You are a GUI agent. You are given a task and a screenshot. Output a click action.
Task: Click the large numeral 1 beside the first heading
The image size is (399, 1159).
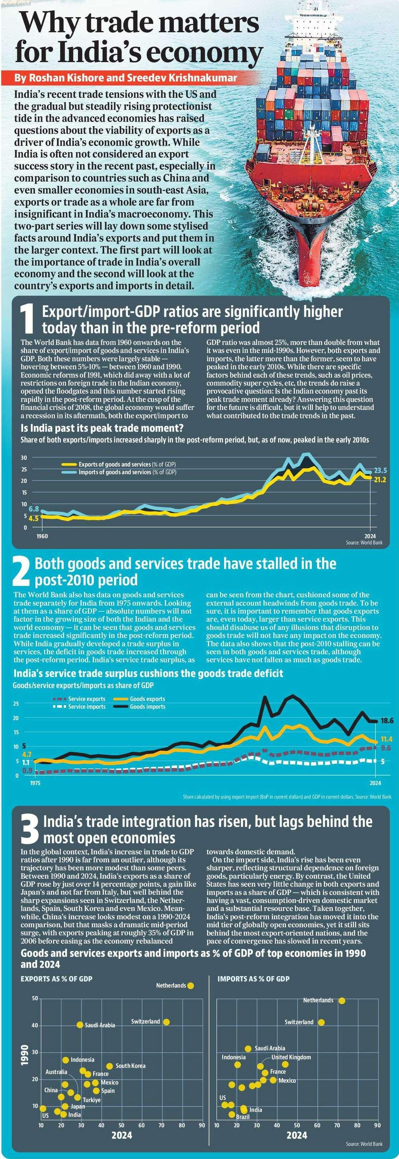click(x=27, y=320)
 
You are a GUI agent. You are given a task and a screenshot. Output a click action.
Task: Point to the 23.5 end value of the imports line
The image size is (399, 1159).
click(x=380, y=471)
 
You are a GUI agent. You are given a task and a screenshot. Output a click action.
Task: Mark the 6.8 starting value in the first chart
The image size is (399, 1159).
click(x=34, y=509)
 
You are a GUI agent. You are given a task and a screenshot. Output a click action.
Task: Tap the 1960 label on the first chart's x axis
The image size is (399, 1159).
click(x=42, y=536)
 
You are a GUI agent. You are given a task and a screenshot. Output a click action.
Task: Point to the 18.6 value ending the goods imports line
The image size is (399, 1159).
click(x=387, y=721)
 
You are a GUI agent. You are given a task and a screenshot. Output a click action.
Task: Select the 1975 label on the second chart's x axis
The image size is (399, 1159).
click(x=35, y=783)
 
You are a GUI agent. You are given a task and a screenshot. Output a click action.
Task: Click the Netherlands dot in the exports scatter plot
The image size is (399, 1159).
click(x=191, y=985)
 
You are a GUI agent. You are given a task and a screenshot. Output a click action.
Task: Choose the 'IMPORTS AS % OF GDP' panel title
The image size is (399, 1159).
click(x=253, y=966)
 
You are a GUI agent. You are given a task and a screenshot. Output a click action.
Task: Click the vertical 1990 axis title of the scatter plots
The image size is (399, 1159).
click(x=25, y=1055)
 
